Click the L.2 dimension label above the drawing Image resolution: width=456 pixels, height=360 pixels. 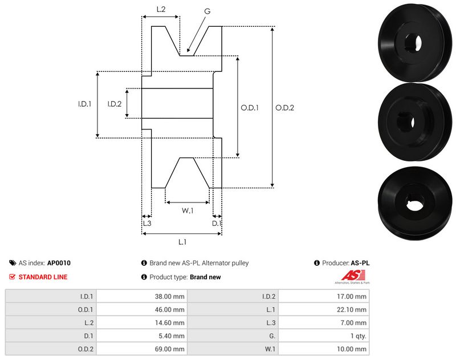[x=161, y=9]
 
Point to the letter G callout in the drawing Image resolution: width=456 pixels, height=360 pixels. [x=207, y=10]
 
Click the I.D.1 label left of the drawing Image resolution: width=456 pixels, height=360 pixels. [x=85, y=104]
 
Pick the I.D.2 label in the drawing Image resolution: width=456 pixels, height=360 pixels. [x=115, y=104]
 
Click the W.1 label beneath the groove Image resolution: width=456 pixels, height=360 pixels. [x=188, y=211]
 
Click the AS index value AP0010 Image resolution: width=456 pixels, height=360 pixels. [x=59, y=263]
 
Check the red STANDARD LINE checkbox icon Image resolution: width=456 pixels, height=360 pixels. [x=13, y=277]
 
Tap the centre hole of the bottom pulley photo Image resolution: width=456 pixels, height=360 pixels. [x=415, y=200]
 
